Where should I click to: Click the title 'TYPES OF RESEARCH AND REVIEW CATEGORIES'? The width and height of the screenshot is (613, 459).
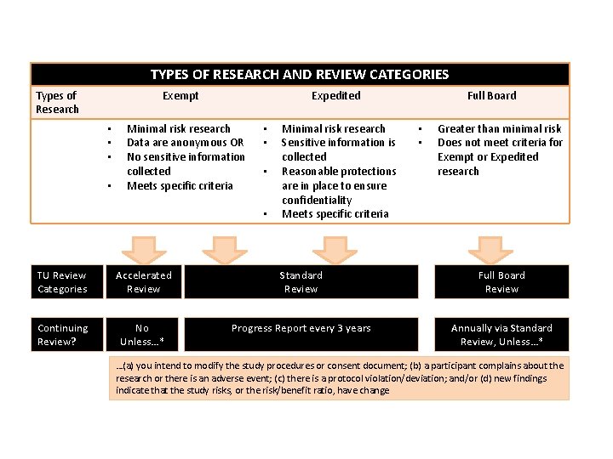tap(300, 75)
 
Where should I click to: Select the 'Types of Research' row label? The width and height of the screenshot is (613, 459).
tap(57, 102)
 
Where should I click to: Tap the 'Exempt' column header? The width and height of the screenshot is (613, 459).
tap(180, 96)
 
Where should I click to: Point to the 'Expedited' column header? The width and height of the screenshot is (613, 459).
tap(335, 96)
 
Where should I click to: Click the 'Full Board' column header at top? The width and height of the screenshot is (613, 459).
tap(491, 96)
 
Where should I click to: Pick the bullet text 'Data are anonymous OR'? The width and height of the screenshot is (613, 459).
tap(185, 143)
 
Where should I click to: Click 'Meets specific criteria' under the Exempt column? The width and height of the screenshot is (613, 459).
tap(180, 186)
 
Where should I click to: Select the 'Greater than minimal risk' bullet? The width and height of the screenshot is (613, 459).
tap(499, 128)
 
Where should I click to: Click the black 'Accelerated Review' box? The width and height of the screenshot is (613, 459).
tap(143, 282)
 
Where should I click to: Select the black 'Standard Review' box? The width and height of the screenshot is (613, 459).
tap(301, 282)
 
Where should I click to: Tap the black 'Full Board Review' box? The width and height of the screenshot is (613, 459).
tap(501, 282)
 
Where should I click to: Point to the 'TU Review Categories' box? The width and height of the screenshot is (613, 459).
tap(62, 282)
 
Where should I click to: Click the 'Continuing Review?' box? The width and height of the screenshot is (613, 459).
tap(62, 335)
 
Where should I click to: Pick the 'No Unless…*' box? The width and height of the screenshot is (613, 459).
tap(143, 335)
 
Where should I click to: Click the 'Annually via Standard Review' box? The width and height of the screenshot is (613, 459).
tap(501, 335)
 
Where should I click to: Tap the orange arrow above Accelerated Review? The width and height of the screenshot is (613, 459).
tap(142, 249)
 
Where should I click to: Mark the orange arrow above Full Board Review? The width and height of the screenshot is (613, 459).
tap(490, 249)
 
